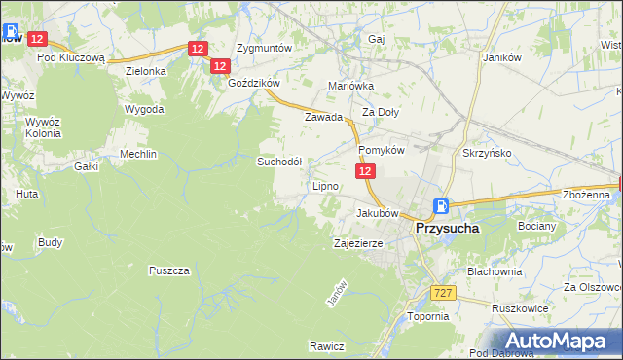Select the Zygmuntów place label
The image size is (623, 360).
265,48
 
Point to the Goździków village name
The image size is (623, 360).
253,84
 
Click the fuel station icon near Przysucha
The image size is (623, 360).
441,206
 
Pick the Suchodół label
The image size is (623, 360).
279,162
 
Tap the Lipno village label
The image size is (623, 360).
325,186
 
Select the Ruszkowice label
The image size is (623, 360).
516,308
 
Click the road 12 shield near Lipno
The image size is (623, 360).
365,171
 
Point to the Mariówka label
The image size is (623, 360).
351,86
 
